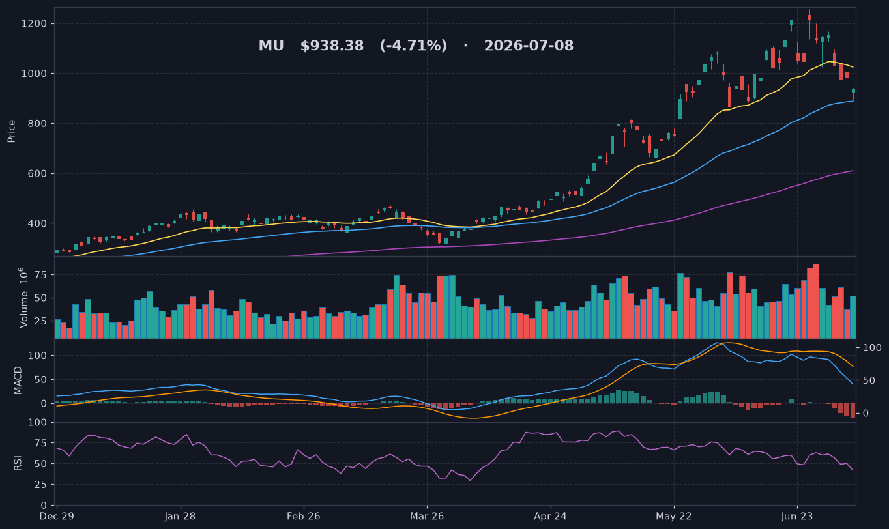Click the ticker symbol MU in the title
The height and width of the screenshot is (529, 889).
click(271, 46)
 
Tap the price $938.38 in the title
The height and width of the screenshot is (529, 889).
click(332, 46)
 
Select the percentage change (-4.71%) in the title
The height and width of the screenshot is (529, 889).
click(413, 46)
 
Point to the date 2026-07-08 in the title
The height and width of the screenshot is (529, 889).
click(529, 46)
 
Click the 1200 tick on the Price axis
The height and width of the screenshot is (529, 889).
click(34, 24)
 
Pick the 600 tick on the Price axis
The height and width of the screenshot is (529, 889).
click(37, 173)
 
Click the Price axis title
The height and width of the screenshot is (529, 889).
click(11, 131)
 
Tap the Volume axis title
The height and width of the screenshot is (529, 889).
click(24, 298)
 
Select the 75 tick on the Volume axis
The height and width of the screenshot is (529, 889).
click(41, 275)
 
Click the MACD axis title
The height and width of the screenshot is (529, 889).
click(18, 380)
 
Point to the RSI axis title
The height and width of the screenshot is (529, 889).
click(18, 463)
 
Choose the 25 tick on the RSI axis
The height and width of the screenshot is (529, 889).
click(41, 485)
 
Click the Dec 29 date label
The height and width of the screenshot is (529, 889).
click(57, 517)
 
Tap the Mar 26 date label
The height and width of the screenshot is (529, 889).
click(427, 517)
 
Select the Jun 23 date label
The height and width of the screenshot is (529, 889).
click(797, 517)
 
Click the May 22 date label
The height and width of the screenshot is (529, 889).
click(674, 517)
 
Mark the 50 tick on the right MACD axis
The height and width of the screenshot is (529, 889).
click(869, 380)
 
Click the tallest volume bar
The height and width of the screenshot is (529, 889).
click(816, 301)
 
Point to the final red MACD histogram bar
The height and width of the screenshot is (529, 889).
click(853, 410)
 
